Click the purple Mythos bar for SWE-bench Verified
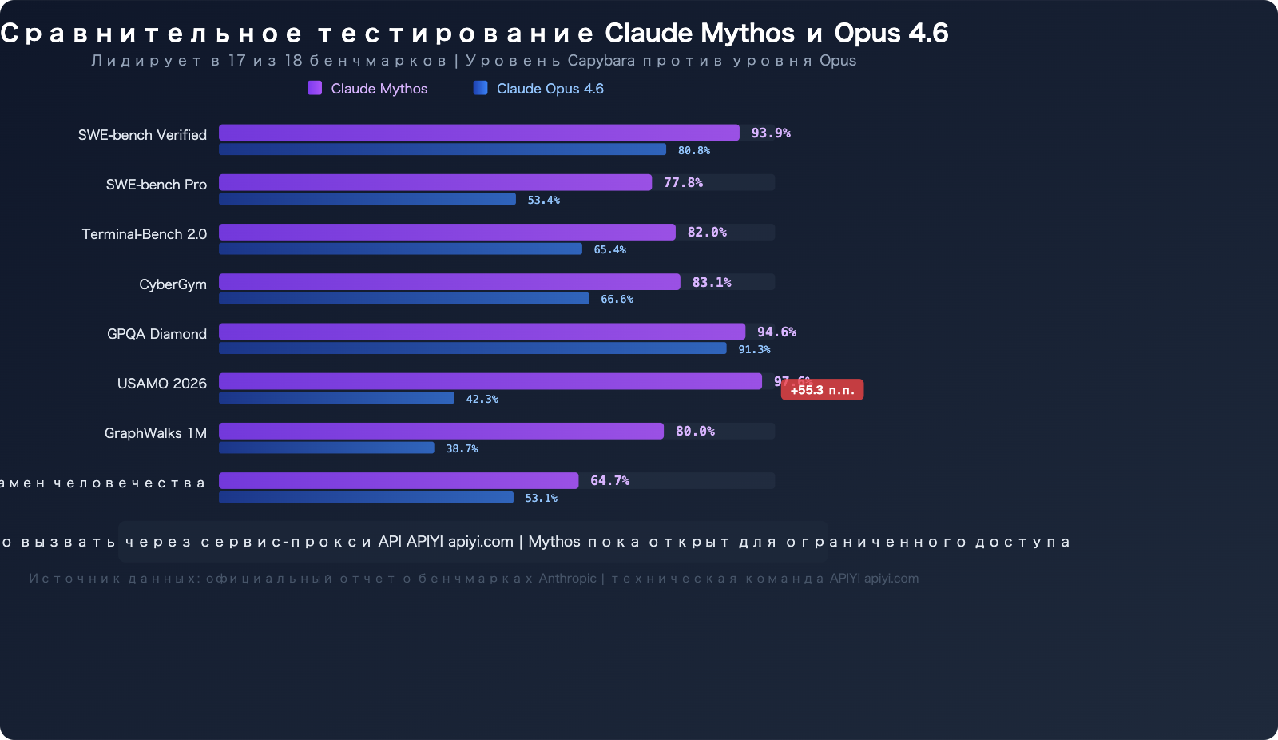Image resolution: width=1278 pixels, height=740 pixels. coord(479,133)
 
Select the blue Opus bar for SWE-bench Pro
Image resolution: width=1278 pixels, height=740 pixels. coord(367,199)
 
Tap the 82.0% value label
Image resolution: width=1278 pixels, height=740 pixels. coord(707,233)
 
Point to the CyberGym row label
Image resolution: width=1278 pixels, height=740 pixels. coord(173,284)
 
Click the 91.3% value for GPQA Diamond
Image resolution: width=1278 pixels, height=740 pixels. coord(754,349)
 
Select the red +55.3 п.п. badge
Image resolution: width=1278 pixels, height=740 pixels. coord(822,390)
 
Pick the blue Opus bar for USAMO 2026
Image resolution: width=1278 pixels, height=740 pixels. coord(336,398)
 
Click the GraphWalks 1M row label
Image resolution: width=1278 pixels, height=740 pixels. coord(156,433)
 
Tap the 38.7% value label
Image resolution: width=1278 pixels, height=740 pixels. coord(462,448)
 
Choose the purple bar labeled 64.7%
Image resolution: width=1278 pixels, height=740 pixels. coord(399,480)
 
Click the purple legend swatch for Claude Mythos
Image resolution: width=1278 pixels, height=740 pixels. coord(315,88)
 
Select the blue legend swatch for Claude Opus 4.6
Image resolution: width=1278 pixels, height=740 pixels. coord(480,88)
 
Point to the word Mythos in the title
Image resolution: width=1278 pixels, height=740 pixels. coord(748,33)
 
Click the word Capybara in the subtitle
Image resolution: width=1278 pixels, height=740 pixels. coord(601,61)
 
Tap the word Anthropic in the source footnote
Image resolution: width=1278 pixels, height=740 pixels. coord(567,579)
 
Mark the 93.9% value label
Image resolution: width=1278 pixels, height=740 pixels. coord(771,133)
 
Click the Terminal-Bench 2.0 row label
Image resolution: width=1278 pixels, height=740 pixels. coord(145,234)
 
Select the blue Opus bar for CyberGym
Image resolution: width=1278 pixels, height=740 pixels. coord(404,299)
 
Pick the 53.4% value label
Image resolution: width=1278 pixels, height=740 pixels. coord(543,200)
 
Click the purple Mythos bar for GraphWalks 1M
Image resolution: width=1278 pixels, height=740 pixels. coord(441,431)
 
